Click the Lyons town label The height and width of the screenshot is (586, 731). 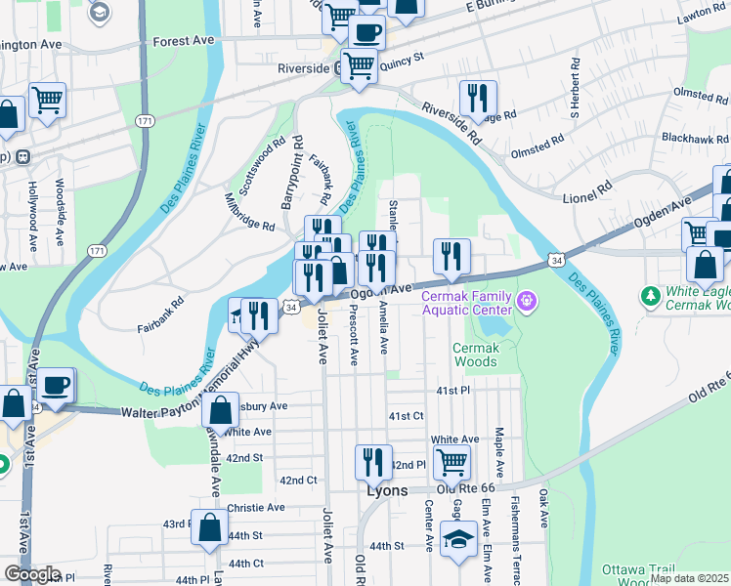coord(386,490)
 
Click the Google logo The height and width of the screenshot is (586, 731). coord(32,573)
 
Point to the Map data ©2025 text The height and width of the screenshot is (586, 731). coord(689,578)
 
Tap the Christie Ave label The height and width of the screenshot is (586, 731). coord(257,508)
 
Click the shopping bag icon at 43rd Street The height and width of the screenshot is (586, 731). coord(209,527)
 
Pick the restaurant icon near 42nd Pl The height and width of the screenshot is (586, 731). coord(372,461)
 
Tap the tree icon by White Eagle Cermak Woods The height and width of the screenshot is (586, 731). coord(650,295)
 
